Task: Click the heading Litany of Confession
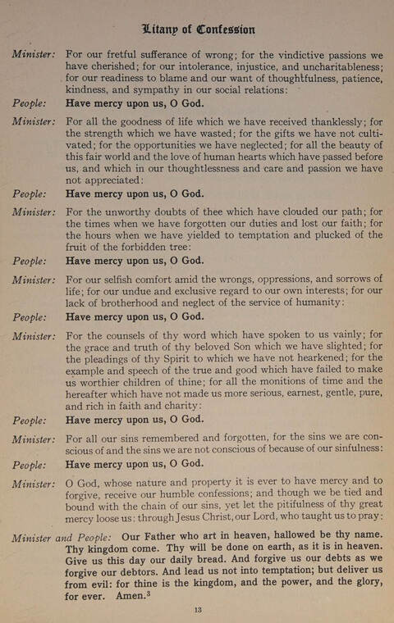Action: tap(198, 30)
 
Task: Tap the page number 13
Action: tap(198, 609)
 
